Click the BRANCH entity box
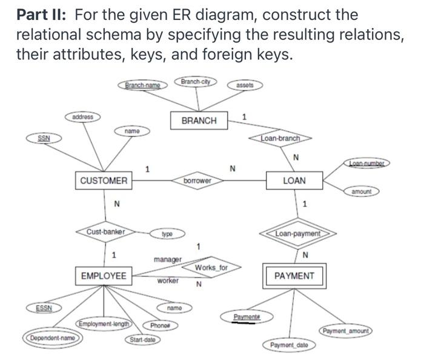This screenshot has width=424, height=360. click(x=199, y=121)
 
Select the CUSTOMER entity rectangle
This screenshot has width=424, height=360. click(x=104, y=181)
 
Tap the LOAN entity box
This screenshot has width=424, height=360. click(x=294, y=181)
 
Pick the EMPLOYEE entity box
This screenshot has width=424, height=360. click(x=104, y=276)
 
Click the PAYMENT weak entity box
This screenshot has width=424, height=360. click(x=294, y=276)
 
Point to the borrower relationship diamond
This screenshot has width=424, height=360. click(x=197, y=181)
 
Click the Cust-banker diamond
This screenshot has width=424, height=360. click(x=105, y=232)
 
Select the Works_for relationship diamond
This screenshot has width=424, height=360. click(x=211, y=267)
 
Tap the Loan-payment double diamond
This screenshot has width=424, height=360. click(x=297, y=233)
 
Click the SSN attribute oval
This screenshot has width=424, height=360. click(x=44, y=139)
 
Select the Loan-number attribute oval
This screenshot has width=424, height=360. click(x=371, y=163)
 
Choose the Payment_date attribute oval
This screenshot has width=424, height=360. click(x=290, y=345)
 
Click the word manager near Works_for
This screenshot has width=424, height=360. click(x=167, y=259)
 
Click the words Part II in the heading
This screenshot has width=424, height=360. click(x=41, y=15)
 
